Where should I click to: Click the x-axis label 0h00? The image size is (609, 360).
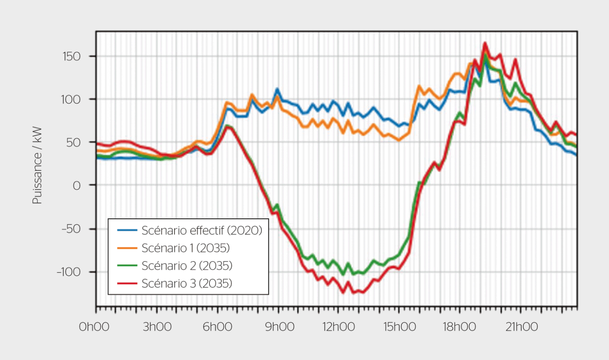click(x=94, y=327)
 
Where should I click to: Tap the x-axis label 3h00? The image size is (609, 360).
click(x=155, y=327)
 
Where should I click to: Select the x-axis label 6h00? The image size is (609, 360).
click(x=216, y=327)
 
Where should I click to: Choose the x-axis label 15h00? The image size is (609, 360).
click(x=398, y=327)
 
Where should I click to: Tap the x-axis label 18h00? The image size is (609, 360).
click(x=459, y=327)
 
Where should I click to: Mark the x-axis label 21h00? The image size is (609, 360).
click(x=519, y=327)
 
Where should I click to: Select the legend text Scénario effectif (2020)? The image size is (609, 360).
click(x=202, y=230)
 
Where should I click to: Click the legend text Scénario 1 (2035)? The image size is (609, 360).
click(x=186, y=248)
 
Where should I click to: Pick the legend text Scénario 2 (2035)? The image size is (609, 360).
click(x=187, y=266)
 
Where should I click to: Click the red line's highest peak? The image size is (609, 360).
click(x=485, y=43)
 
